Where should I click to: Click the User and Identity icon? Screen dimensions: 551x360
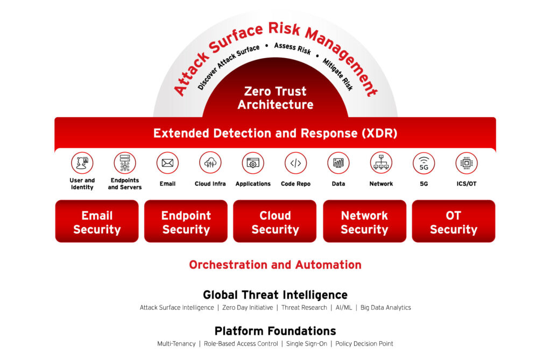pos(82,163)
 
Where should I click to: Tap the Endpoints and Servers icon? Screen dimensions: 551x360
pos(125,163)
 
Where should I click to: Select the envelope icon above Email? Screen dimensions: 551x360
pos(168,163)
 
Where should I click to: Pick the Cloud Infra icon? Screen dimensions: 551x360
pos(210,163)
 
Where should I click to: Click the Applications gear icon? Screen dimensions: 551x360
pos(253,163)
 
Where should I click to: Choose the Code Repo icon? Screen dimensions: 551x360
pos(295,163)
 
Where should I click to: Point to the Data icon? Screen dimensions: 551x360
pos(338,163)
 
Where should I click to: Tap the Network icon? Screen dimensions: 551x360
pos(381,163)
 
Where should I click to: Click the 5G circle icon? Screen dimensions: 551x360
pos(424,163)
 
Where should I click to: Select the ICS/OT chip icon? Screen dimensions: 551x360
pos(467,163)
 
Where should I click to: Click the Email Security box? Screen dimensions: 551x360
pos(97,222)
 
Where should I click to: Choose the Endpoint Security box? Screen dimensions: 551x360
pos(186,222)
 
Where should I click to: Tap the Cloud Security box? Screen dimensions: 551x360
pos(275,222)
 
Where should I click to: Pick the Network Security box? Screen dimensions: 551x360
pos(364,222)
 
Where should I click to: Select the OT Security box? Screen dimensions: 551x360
pos(454,222)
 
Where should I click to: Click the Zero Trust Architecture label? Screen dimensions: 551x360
pos(275,98)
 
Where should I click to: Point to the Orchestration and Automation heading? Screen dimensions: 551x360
pos(275,265)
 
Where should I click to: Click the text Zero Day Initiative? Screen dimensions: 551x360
pos(248,308)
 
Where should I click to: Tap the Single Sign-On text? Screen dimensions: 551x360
pos(306,344)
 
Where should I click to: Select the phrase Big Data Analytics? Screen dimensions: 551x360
pos(385,308)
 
